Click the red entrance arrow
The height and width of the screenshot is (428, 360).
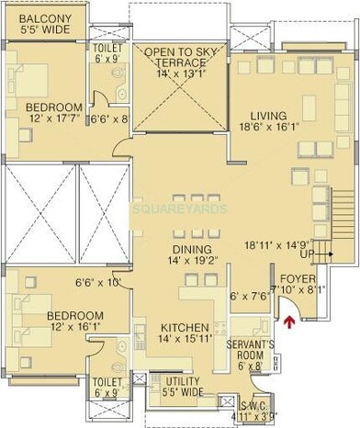pos(291,321)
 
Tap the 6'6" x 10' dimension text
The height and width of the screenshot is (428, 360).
pos(97,283)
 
